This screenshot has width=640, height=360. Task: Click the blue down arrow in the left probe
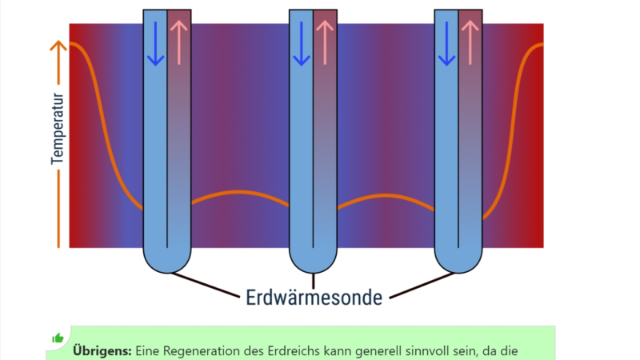point(155,44)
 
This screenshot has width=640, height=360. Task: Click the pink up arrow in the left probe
point(178,42)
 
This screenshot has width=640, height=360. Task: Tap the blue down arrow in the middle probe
point(302,44)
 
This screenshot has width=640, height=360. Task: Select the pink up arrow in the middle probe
point(325,42)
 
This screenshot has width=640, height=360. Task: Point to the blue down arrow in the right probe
point(447,44)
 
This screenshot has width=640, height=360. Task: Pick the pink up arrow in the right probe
point(470,42)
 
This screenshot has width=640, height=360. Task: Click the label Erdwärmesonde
point(314,297)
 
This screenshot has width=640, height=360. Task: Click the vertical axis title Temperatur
point(58,129)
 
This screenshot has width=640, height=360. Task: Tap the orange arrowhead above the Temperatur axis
point(58,46)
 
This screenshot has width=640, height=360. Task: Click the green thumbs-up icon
point(58,338)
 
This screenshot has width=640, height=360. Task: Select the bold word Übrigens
point(102,350)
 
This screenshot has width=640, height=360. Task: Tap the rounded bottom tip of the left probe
point(167,272)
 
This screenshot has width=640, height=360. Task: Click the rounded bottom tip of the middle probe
point(313,272)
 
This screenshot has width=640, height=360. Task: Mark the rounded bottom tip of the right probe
point(458,272)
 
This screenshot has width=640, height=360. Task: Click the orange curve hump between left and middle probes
point(240,191)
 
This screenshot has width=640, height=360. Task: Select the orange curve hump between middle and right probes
point(386,196)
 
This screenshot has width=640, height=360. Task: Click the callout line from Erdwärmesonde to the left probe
point(206,285)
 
